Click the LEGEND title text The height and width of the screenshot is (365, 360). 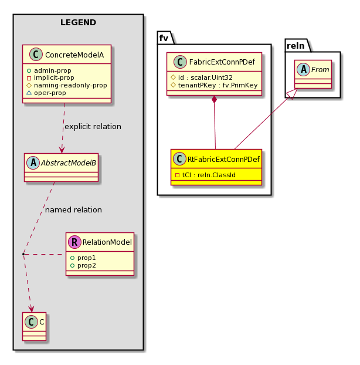point(78,22)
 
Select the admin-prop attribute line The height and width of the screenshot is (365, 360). point(49,70)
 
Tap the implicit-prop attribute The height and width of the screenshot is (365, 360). point(50,77)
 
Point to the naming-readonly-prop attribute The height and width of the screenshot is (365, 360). point(67,86)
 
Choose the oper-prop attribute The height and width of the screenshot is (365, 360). point(46,93)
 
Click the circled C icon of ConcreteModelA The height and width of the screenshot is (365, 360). point(36,55)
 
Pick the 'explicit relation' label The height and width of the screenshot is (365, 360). point(93,127)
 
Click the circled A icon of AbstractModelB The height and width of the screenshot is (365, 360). point(33,163)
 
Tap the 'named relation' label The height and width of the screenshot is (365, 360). point(73,210)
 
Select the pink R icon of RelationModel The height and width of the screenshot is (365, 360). point(74,242)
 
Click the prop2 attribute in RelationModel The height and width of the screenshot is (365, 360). point(83,265)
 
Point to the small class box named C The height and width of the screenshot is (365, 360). point(35,326)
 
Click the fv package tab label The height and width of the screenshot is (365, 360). point(164,38)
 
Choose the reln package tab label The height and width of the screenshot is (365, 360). point(296,46)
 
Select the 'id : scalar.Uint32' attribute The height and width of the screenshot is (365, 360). point(201,77)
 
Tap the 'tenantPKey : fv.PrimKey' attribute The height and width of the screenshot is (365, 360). point(214,85)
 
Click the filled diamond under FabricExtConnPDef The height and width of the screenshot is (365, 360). point(214,99)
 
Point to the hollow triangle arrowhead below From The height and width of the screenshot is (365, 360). point(292,94)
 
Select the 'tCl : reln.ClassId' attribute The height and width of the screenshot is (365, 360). point(205,175)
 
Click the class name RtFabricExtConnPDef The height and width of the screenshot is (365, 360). point(223,159)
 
